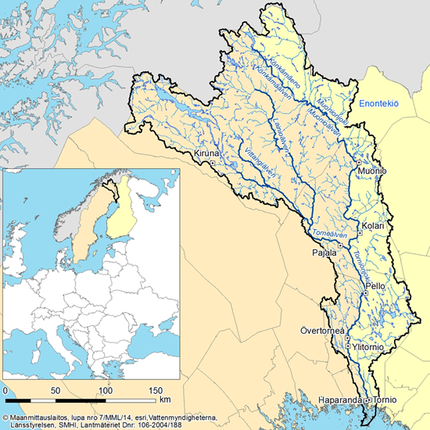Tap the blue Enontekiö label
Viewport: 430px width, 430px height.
[385, 103]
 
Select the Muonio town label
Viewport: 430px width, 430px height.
[367, 170]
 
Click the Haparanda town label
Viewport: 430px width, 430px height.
[339, 401]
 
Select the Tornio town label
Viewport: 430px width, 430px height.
[385, 401]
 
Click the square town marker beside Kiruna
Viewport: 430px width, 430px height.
[211, 163]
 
